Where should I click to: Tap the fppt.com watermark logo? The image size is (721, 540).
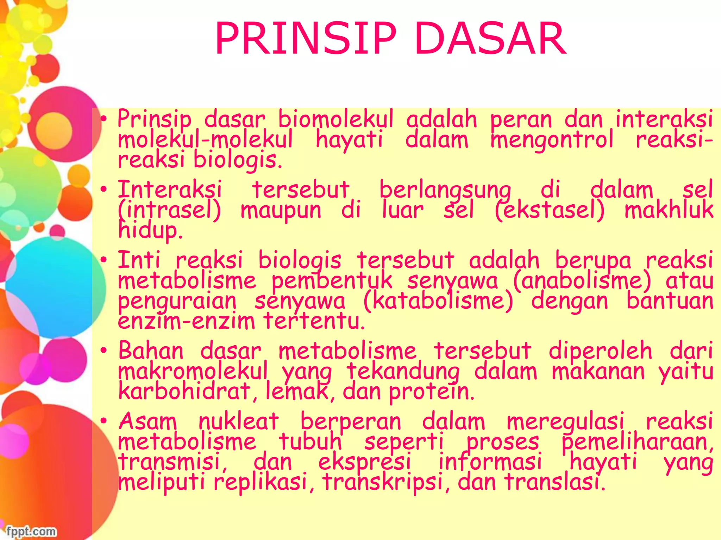[31, 531]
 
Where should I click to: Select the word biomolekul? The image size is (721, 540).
[336, 120]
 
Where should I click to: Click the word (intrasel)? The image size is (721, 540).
[169, 210]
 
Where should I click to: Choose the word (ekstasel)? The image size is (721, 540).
[550, 210]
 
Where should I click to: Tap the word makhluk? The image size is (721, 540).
[669, 210]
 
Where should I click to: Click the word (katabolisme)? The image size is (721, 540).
[438, 302]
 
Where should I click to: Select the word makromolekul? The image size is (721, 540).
[193, 371]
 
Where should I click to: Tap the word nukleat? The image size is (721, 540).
[239, 421]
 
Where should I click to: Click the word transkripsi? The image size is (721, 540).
[382, 482]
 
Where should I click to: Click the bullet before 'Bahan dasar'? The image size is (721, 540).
[103, 351]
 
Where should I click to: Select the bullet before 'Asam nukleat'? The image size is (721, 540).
[103, 421]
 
